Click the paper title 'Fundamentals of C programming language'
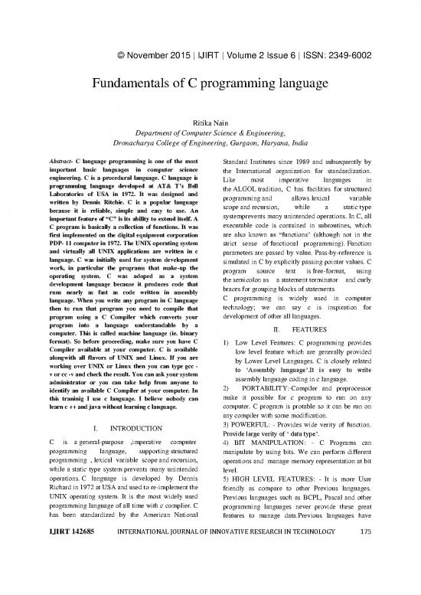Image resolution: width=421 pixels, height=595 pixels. point(210,84)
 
